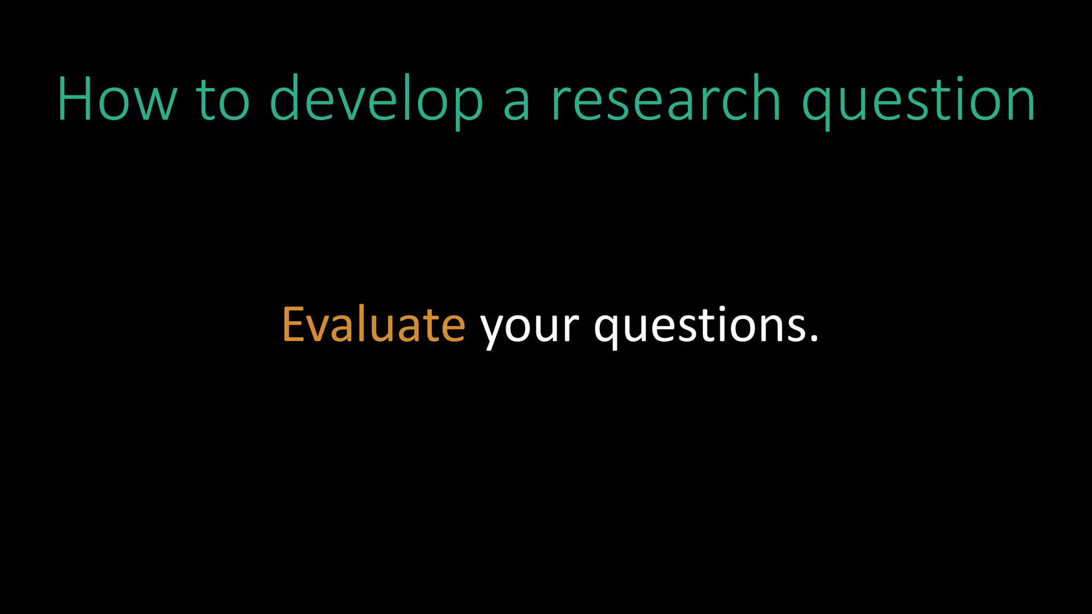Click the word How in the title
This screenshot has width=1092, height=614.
(x=117, y=99)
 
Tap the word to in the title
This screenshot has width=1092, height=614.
(x=223, y=99)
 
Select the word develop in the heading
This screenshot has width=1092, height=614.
(x=376, y=99)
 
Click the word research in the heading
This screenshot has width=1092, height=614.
(x=667, y=99)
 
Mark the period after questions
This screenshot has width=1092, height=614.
(x=814, y=338)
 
